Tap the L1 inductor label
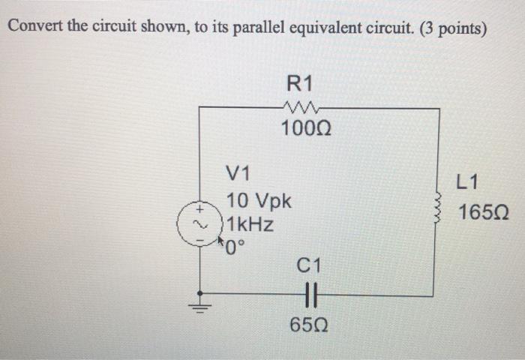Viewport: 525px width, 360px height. click(466, 181)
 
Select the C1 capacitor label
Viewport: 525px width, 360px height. click(309, 265)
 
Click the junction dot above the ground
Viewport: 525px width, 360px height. click(199, 294)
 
